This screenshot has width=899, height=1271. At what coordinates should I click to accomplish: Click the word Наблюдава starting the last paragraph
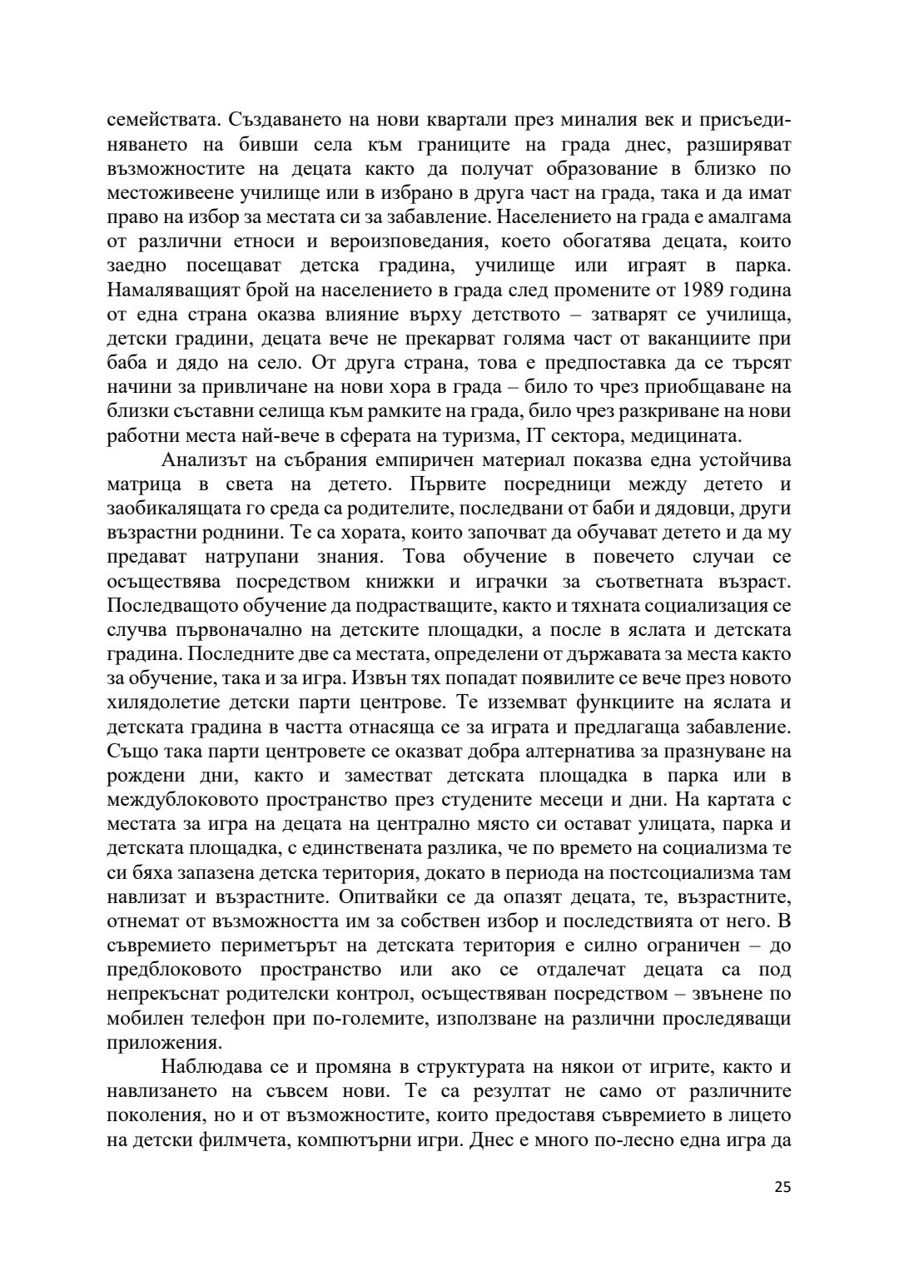tap(211, 1067)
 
